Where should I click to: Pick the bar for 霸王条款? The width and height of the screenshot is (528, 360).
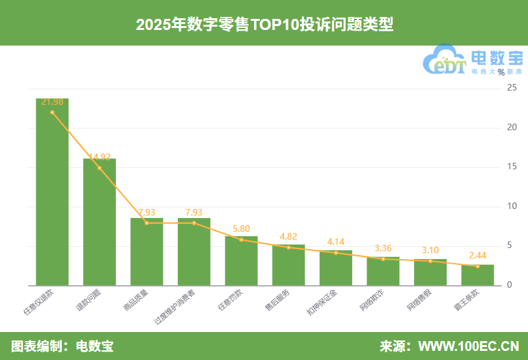[x=477, y=275]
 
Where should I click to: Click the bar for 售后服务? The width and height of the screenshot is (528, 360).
[x=288, y=265]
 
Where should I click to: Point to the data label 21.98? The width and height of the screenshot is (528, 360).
[x=52, y=102]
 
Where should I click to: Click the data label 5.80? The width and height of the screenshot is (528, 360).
[x=241, y=229]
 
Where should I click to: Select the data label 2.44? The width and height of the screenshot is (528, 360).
[x=477, y=256]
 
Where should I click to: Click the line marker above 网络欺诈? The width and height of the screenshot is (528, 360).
[x=383, y=259]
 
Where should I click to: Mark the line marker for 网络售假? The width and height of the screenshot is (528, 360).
[x=430, y=261]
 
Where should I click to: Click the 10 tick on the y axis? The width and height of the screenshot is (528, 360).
[x=512, y=206]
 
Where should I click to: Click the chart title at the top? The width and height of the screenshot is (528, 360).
[x=264, y=24]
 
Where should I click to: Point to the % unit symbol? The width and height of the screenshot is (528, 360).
[x=501, y=72]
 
